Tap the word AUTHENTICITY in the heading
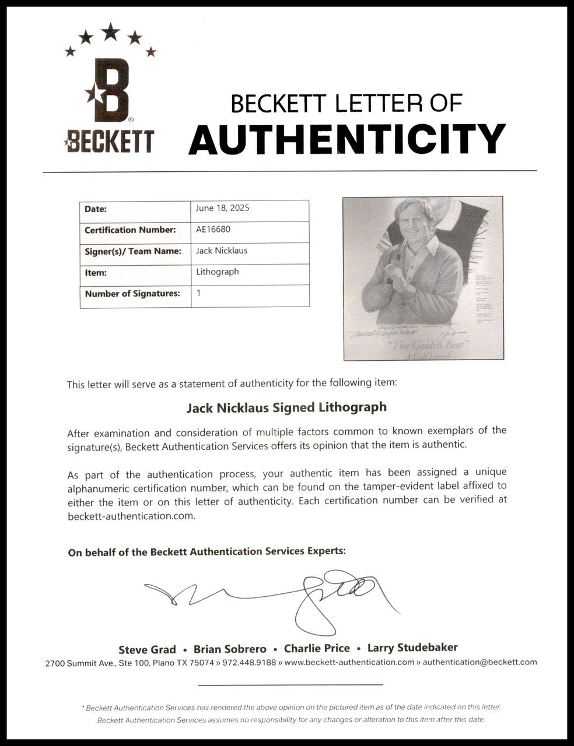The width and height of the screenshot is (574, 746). point(346,139)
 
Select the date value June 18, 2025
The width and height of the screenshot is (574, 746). point(223,208)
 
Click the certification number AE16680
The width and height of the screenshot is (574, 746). point(213,229)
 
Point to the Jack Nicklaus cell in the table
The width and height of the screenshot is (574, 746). point(222,251)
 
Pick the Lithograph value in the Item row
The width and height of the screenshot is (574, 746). point(218,272)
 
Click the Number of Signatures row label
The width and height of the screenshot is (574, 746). point(132,294)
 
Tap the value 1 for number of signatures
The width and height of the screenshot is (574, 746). point(199,293)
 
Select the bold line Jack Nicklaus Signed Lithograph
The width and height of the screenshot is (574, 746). point(286,407)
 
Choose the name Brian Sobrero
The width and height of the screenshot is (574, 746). point(230,649)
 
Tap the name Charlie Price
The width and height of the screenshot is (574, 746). point(317,649)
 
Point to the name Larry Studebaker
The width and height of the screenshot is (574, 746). point(412,648)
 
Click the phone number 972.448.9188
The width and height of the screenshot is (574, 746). point(248,662)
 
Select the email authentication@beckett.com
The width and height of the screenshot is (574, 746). point(480,662)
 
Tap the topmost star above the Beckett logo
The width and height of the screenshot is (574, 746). point(110,31)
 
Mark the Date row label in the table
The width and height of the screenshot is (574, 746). point(96,209)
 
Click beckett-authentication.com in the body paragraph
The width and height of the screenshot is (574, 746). point(131,516)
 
